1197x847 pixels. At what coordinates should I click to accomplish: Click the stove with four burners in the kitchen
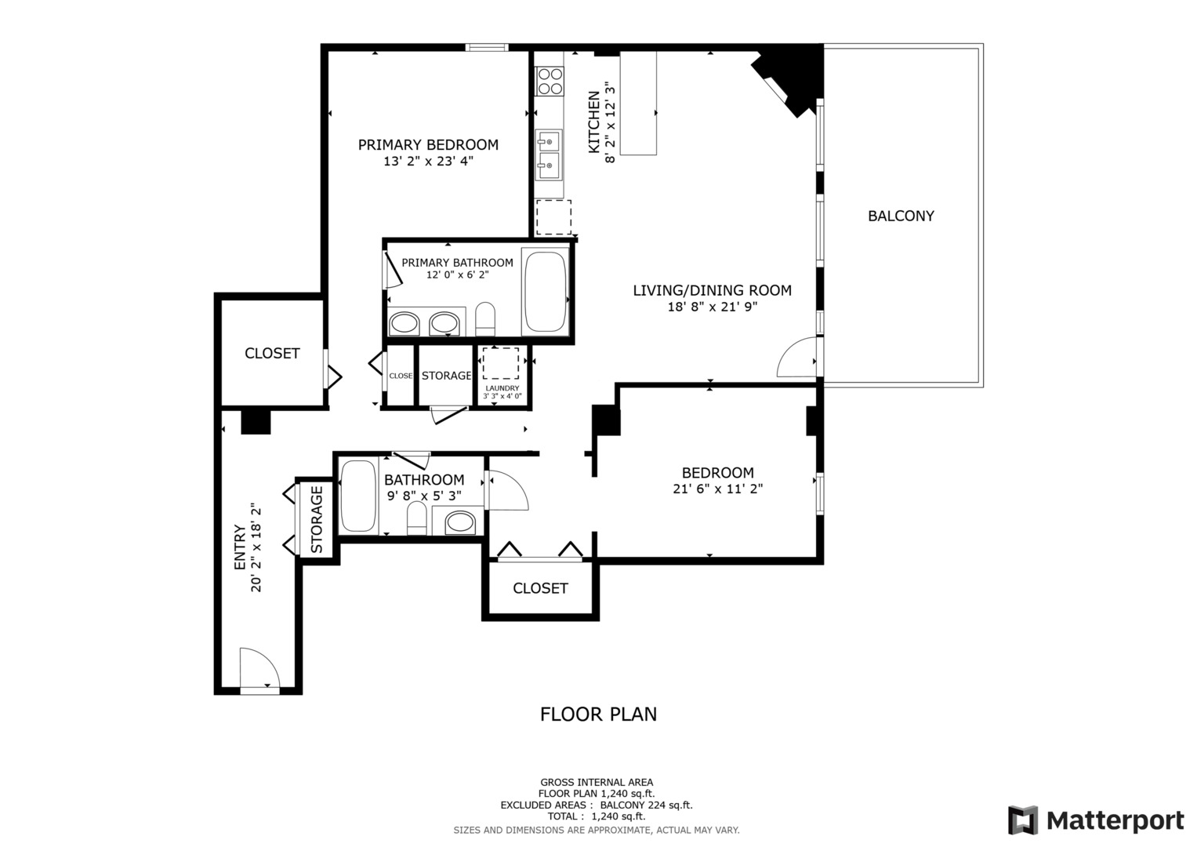click(550, 81)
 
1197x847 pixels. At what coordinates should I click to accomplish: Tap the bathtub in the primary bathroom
click(546, 292)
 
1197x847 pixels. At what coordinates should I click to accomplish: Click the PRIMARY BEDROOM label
click(428, 145)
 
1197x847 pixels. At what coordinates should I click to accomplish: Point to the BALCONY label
click(901, 216)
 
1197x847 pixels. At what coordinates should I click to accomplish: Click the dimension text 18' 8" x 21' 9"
click(712, 307)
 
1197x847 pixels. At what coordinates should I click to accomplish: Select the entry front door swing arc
click(259, 667)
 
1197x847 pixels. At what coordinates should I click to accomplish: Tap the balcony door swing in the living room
click(796, 358)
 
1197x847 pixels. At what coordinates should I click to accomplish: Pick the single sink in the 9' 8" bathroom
click(459, 522)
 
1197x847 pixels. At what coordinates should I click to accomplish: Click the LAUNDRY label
click(502, 388)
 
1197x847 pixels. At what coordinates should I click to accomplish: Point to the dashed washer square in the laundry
click(501, 363)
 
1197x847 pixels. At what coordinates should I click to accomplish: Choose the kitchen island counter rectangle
click(638, 104)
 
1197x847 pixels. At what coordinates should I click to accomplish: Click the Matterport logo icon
click(1023, 820)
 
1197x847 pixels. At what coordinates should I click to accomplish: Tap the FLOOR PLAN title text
click(598, 714)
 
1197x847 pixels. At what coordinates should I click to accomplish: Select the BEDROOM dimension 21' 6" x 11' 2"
click(717, 489)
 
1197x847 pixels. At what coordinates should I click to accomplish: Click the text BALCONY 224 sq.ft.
click(646, 805)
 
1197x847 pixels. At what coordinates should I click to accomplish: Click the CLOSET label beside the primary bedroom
click(272, 354)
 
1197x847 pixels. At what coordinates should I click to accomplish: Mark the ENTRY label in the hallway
click(240, 547)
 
